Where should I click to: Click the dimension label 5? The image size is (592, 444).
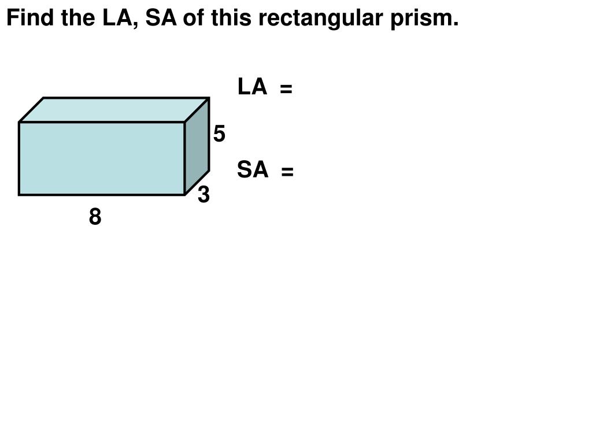pyautogui.click(x=219, y=134)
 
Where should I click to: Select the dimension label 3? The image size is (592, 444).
pyautogui.click(x=203, y=195)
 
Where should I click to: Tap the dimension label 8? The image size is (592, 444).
pyautogui.click(x=95, y=217)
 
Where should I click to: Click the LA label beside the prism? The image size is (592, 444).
pyautogui.click(x=252, y=87)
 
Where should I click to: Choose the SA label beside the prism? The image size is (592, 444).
pyautogui.click(x=253, y=170)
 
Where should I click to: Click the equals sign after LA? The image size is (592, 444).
pyautogui.click(x=286, y=89)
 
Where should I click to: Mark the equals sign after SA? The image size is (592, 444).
pyautogui.click(x=287, y=172)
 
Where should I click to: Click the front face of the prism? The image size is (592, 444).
pyautogui.click(x=102, y=158)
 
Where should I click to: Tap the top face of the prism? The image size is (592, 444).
pyautogui.click(x=114, y=110)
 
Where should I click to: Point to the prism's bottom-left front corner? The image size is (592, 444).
pyautogui.click(x=20, y=194)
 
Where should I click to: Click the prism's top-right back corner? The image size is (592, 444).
pyautogui.click(x=208, y=98)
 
